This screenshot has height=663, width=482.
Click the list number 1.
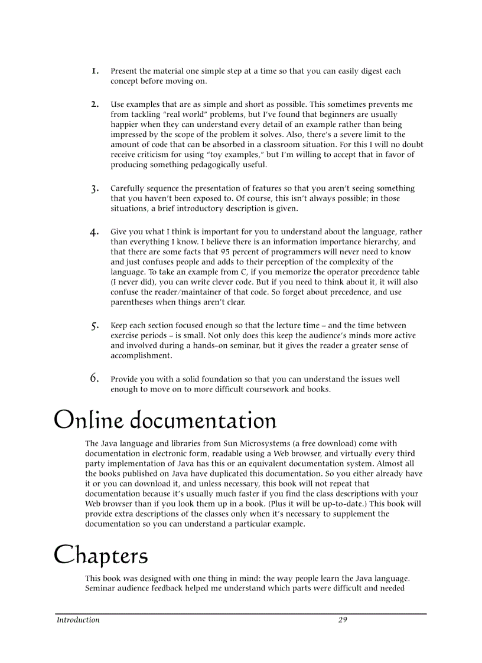95,71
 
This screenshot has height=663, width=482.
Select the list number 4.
95,232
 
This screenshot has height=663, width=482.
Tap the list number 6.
95,378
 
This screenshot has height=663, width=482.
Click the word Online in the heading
89,421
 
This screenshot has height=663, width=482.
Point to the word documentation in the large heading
203,421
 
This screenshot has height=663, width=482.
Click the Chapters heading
101,555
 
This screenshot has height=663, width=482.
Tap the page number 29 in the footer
343,620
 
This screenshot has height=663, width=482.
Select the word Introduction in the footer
78,620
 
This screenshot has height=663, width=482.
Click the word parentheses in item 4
132,302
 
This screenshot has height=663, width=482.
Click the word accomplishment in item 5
141,355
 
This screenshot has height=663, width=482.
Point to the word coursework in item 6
261,389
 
